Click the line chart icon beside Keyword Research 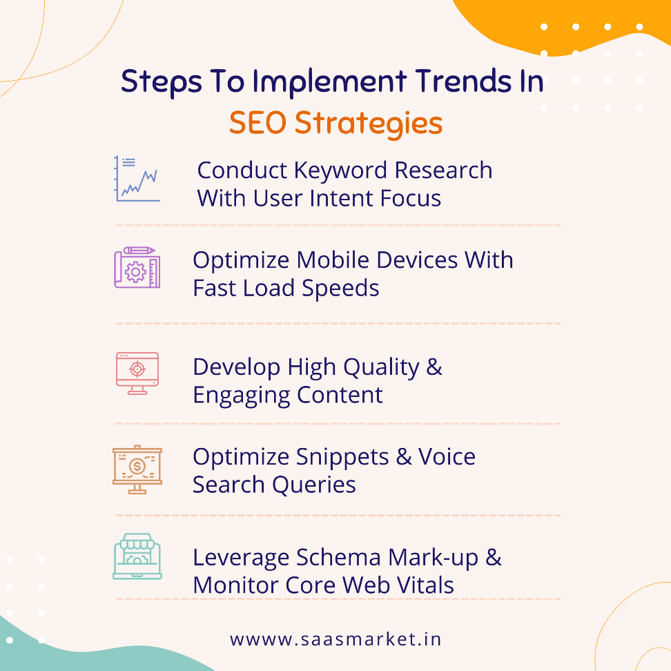pos(137,179)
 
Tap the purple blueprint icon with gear pos(137,267)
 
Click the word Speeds pos(344,289)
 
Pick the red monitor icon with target pos(137,373)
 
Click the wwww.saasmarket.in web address pos(335,639)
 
